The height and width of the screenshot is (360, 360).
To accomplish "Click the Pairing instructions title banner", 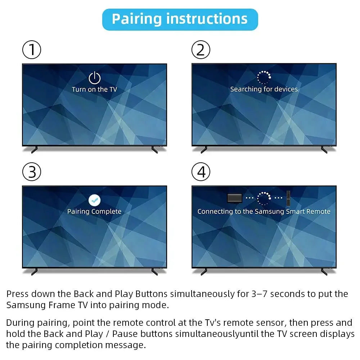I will tap(180, 19).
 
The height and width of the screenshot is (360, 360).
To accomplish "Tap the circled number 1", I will tap(32, 50).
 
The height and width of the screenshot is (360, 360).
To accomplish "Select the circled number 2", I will tap(201, 50).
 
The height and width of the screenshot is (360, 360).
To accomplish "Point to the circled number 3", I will tap(32, 172).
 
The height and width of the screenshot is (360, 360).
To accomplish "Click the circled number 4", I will tap(201, 172).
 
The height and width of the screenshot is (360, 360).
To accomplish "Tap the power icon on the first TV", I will tap(94, 78).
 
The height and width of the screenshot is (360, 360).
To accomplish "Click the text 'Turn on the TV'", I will tap(94, 89).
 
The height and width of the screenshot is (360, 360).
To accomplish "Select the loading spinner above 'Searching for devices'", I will tap(264, 77).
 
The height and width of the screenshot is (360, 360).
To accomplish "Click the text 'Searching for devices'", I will tap(264, 89).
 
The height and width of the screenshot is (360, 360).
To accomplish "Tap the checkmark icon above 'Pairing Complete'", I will tap(94, 200).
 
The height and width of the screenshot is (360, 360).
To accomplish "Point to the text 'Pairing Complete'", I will tap(94, 211).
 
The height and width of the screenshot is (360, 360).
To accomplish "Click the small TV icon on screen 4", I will tap(235, 198).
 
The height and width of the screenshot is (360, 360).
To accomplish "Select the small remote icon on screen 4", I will tap(288, 198).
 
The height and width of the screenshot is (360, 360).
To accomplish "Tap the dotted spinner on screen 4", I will tap(264, 198).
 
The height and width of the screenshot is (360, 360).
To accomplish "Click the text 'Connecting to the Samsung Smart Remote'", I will tap(264, 211).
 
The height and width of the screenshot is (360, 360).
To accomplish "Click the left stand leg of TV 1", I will tap(35, 149).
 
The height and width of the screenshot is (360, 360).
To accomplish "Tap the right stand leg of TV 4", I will tap(324, 271).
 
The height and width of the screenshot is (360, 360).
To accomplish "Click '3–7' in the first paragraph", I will tap(257, 294).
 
